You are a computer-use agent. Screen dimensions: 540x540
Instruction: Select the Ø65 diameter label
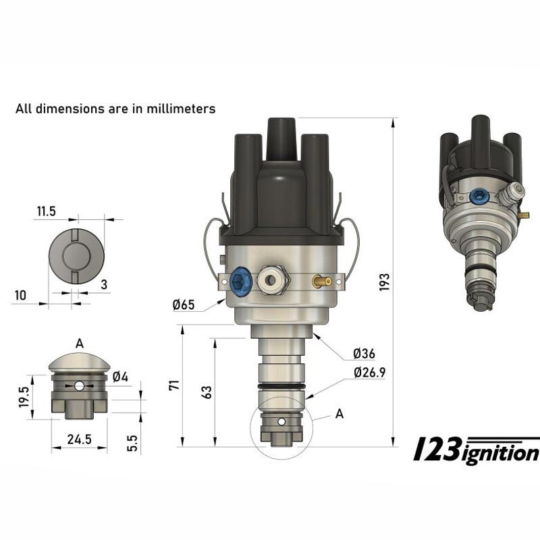coord(183,304)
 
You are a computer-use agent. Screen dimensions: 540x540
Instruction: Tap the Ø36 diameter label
coord(364,354)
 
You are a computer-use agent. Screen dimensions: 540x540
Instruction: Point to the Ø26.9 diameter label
coord(369,372)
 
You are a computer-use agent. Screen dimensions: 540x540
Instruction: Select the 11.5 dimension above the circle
coord(46,212)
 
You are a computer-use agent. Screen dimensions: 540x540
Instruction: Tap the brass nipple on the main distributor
coord(321,280)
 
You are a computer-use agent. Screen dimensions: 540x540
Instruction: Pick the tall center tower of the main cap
coord(279,138)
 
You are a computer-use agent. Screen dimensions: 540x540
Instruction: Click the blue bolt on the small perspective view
coord(478,196)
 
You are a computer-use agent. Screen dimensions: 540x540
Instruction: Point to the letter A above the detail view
coord(80,344)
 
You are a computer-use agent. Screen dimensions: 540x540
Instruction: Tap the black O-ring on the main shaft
coord(279,386)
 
